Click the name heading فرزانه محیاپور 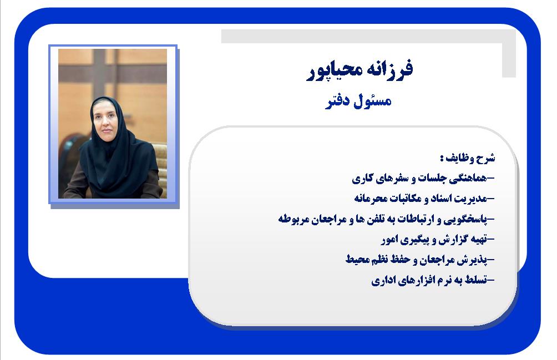(x=359, y=70)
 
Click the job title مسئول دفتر (x=358, y=101)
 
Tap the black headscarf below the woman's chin (x=114, y=156)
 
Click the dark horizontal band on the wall (x=113, y=74)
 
